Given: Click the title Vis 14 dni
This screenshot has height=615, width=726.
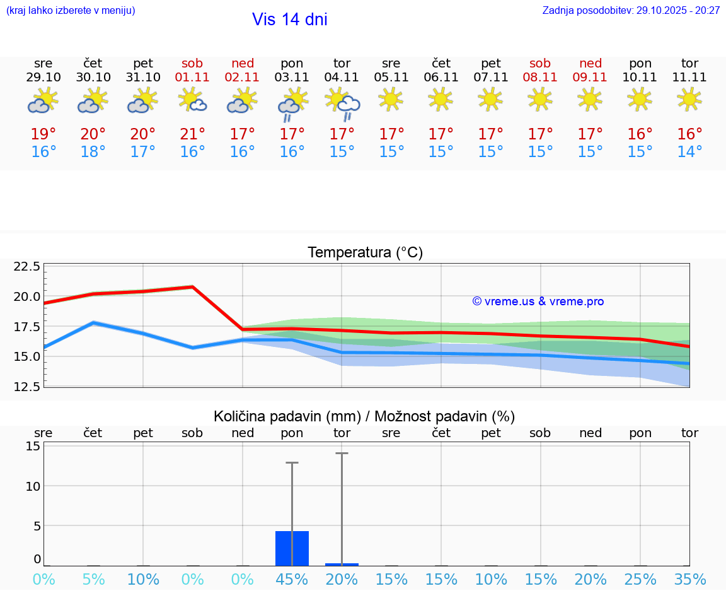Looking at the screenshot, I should coord(289,20).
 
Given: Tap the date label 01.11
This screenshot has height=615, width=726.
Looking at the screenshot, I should coord(192,78).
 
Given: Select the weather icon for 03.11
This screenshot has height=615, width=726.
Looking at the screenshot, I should coord(292,105).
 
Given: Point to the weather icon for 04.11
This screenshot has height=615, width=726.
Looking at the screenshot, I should coord(342,105).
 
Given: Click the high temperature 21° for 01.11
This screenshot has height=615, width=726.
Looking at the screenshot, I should coord(192,134).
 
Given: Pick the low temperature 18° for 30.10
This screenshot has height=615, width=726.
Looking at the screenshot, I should coord(93,152).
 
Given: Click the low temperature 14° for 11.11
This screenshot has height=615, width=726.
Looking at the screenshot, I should coord(689,152).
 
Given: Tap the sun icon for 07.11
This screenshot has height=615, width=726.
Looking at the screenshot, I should coord(490,98).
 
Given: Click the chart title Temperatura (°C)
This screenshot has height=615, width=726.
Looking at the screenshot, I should coord(365,253).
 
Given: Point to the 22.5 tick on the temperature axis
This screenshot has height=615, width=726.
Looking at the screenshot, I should coord(27,266).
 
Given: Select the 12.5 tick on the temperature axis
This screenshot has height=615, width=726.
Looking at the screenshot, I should coord(27,386).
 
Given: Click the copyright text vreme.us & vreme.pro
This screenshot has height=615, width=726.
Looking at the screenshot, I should coord(538,302).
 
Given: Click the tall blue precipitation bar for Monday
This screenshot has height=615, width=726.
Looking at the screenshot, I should coord(292,548).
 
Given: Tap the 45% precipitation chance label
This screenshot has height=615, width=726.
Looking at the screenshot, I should coord(292,580).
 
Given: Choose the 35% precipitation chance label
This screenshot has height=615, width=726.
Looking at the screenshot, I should coord(689,580).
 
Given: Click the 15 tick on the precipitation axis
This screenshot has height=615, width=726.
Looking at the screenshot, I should coord(33,446).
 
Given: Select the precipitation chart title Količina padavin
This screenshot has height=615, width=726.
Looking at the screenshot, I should coord(364,416).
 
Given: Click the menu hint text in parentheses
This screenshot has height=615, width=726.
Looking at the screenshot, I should coord(71,11).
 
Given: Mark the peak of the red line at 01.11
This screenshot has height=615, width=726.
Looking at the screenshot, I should coord(192,287).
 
